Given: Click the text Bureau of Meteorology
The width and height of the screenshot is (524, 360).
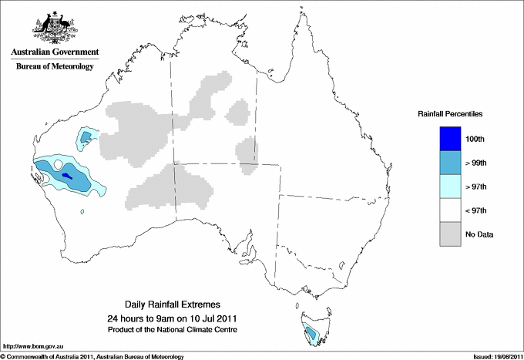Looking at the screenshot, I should pyautogui.click(x=54, y=67).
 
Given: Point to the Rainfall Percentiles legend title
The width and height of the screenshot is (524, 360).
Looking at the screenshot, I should pyautogui.click(x=450, y=114).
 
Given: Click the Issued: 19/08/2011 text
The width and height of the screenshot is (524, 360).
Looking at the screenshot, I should pyautogui.click(x=493, y=356).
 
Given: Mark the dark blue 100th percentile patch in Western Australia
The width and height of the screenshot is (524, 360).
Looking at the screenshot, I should pyautogui.click(x=66, y=176).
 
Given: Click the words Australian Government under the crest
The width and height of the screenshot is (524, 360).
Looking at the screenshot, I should pyautogui.click(x=54, y=52).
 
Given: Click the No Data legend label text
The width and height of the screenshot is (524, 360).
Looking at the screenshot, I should pyautogui.click(x=480, y=234).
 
